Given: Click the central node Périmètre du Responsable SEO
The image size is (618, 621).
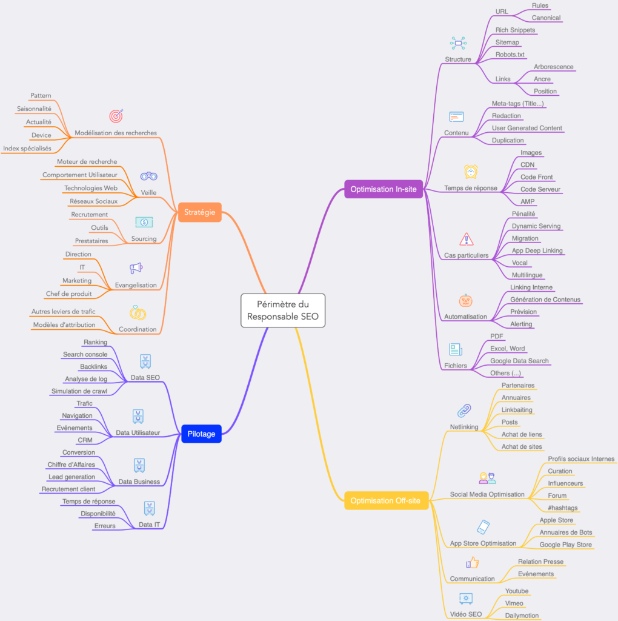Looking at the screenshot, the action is click(283, 310).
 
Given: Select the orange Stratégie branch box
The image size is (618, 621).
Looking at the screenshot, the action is click(200, 212).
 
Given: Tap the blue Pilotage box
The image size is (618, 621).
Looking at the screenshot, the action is click(201, 434).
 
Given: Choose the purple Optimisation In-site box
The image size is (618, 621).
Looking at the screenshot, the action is click(384, 189).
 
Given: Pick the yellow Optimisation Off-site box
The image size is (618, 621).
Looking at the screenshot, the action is click(385, 500).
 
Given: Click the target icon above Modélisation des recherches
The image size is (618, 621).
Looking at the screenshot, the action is click(116, 116).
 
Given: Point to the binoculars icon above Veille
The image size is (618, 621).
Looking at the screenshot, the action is click(149, 176).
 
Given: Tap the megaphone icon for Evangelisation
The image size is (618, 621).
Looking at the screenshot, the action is click(136, 268).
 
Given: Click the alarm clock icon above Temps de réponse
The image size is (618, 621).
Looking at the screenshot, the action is click(471, 172).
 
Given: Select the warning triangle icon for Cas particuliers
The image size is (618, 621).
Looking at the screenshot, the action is click(467, 239).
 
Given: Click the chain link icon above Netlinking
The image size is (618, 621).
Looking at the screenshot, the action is click(464, 411).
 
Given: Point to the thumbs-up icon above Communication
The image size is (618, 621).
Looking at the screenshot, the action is click(472, 563).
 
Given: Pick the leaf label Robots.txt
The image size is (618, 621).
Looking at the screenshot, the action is click(510, 55).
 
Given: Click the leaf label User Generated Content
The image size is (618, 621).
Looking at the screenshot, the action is click(527, 128).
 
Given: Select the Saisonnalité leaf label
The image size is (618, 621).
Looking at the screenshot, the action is click(34, 109).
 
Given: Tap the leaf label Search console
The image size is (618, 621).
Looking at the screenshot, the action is click(85, 354).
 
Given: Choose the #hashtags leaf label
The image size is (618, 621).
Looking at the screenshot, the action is click(563, 508).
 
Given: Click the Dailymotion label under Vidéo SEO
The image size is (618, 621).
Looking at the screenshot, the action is click(522, 616).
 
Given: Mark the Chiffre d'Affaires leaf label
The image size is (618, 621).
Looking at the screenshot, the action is click(71, 465).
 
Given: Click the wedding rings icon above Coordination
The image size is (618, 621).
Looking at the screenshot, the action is click(138, 313).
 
